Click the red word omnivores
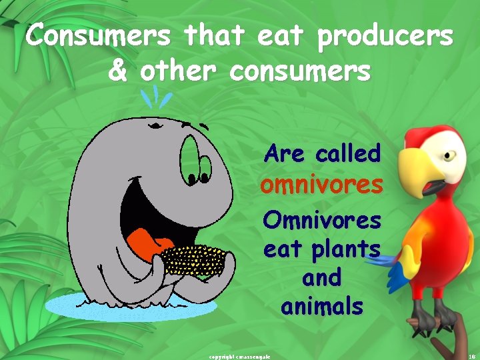(x=321, y=184)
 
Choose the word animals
(x=322, y=307)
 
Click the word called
(x=348, y=153)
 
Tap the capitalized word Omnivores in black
(x=322, y=219)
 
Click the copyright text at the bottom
(x=239, y=356)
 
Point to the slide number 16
(x=471, y=356)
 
